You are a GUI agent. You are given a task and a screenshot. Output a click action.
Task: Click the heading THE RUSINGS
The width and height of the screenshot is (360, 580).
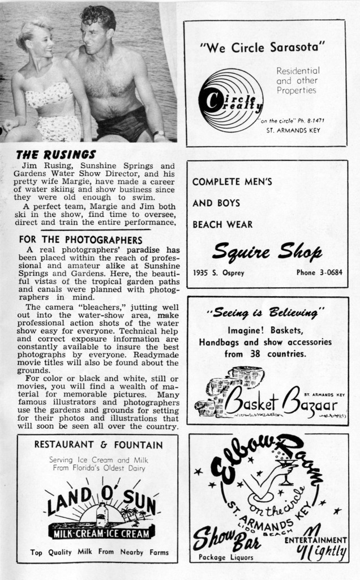[x=56, y=154]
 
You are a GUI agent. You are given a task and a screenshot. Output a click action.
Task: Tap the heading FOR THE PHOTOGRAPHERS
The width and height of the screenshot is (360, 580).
[x=79, y=239]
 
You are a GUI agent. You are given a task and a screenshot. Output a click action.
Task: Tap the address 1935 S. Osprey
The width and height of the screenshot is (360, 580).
[x=218, y=272]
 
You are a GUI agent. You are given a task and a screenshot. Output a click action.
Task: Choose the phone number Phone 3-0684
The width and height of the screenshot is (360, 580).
[x=319, y=272]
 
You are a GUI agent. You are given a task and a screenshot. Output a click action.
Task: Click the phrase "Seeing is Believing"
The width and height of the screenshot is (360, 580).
[x=265, y=312]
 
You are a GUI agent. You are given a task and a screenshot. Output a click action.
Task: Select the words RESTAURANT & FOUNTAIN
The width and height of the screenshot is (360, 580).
[x=98, y=445]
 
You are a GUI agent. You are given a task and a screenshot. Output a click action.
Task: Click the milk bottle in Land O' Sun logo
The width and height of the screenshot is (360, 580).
[x=102, y=514]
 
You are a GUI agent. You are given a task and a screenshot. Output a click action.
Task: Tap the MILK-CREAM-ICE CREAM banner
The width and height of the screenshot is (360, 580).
[x=102, y=534]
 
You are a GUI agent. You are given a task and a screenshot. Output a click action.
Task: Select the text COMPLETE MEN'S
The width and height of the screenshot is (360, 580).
[x=233, y=182]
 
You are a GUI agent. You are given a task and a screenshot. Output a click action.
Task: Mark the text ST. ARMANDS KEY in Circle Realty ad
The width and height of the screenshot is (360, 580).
[x=293, y=130]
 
